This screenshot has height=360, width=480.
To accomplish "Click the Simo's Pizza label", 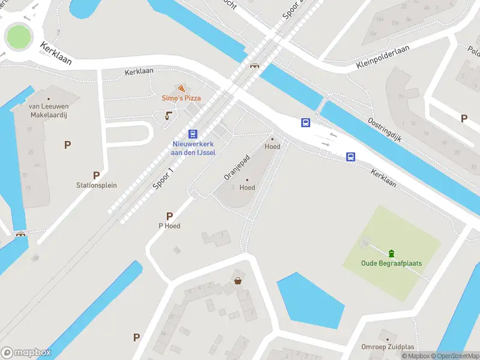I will pyautogui.click(x=181, y=98).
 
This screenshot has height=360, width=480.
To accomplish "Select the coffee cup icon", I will pyautogui.click(x=169, y=115).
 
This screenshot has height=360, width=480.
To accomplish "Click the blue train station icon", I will pyautogui.click(x=193, y=134).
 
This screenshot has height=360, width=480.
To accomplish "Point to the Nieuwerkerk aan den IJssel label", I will pyautogui.click(x=193, y=148).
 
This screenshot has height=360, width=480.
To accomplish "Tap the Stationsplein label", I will pyautogui.click(x=96, y=185).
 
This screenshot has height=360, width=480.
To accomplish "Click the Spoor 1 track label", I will pyautogui.click(x=163, y=178).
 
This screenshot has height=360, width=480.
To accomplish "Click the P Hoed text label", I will pyautogui.click(x=169, y=226).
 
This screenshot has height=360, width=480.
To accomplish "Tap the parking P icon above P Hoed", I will pyautogui.click(x=169, y=216).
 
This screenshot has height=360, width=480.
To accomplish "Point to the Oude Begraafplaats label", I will pyautogui.click(x=391, y=263).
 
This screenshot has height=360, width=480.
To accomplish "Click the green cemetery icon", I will pyautogui.click(x=391, y=253).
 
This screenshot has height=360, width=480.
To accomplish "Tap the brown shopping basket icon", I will pyautogui.click(x=238, y=280).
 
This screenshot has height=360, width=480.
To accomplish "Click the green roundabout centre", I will pyautogui.click(x=17, y=37).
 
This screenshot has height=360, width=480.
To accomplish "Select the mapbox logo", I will pyautogui.click(x=26, y=353).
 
